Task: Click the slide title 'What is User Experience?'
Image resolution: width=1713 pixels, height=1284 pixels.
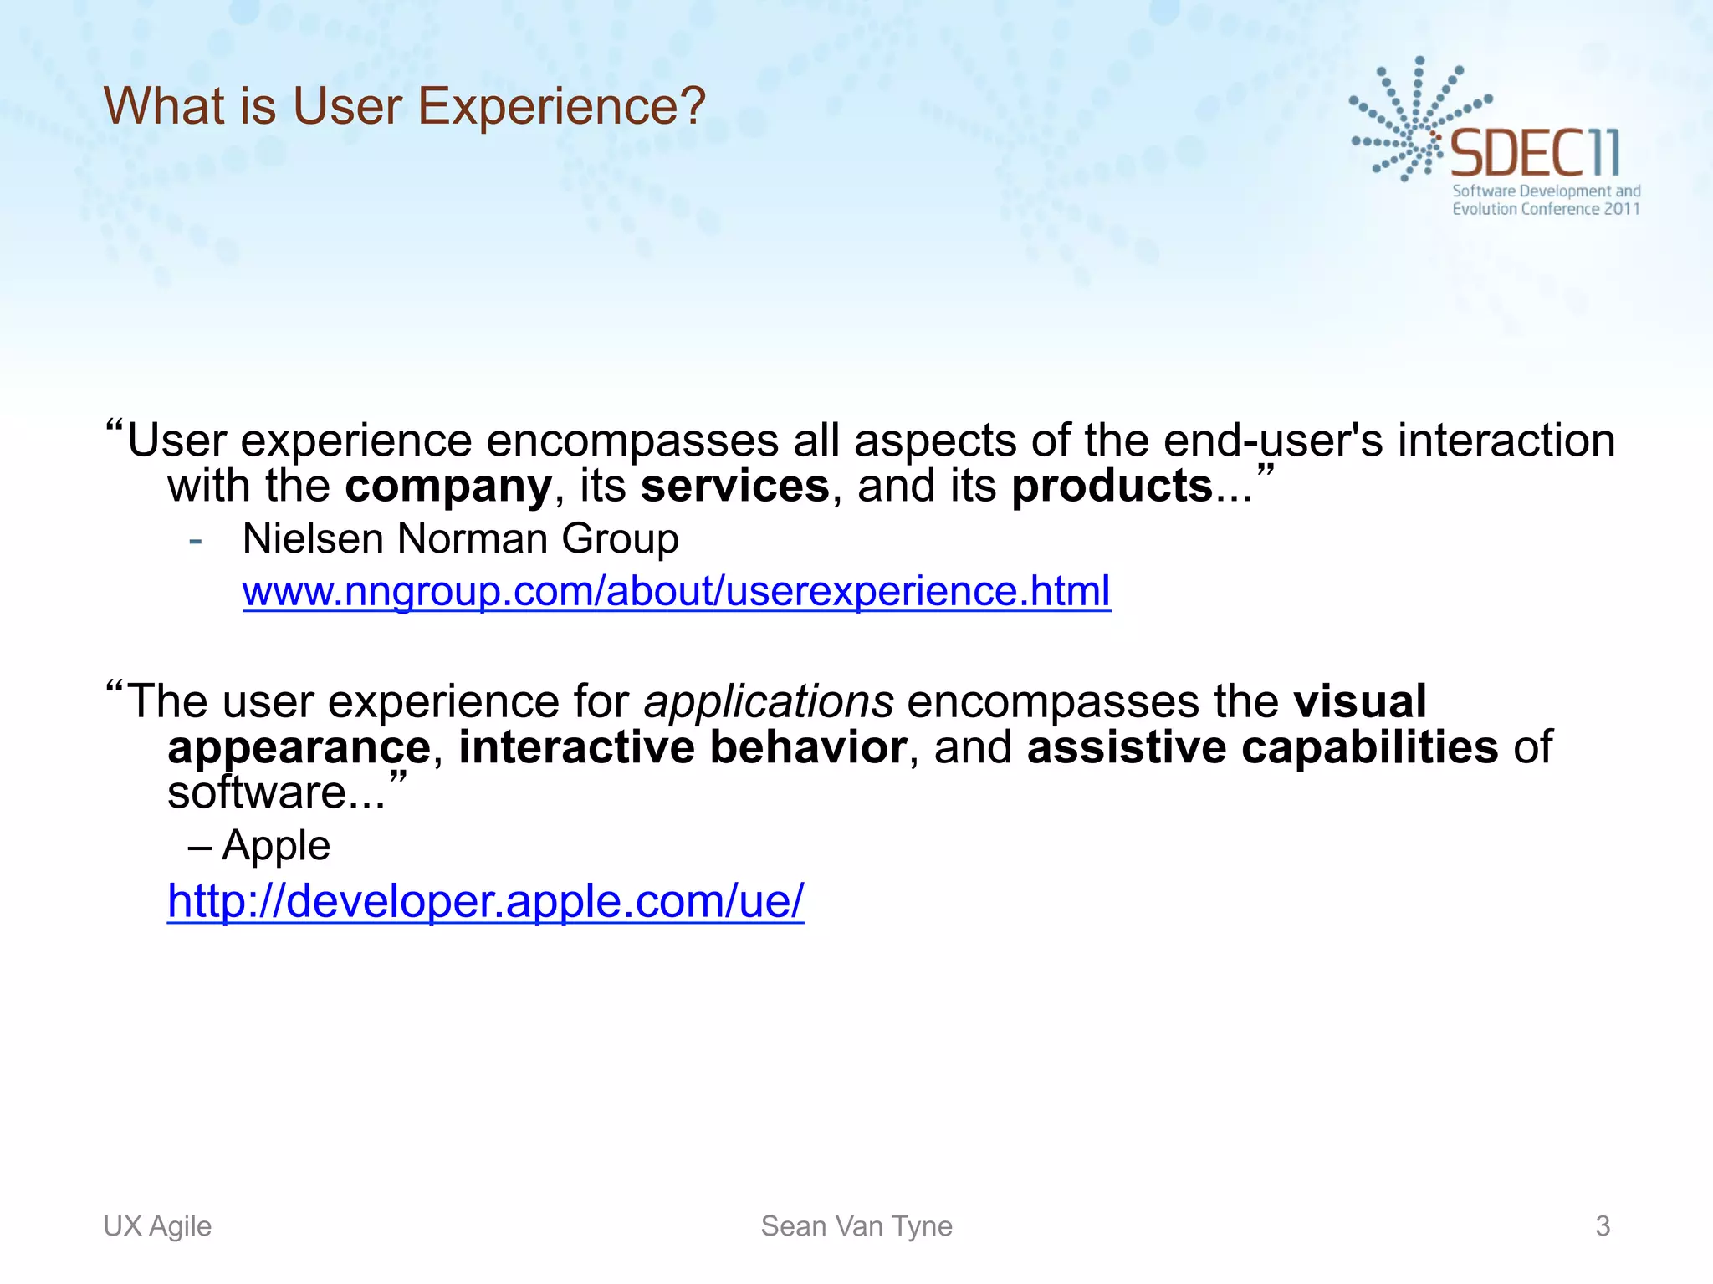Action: (405, 107)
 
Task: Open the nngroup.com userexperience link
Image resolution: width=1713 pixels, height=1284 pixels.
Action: (676, 591)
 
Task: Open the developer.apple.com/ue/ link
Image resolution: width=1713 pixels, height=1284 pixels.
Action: (485, 901)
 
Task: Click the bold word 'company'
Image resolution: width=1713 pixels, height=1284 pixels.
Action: (448, 487)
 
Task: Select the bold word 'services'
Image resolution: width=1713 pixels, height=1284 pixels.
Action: (734, 487)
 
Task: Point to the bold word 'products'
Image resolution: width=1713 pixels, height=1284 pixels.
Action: (1112, 487)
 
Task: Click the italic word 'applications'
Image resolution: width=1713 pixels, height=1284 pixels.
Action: (768, 701)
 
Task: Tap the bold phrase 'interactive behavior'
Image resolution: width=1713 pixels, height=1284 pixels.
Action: (683, 746)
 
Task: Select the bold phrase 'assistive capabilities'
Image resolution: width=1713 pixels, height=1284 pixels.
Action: (1262, 746)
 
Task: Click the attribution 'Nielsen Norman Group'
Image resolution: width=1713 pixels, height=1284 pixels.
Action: (460, 538)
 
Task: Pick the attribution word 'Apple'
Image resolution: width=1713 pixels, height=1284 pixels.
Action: (276, 846)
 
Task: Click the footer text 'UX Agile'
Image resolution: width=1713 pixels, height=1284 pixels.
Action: (157, 1226)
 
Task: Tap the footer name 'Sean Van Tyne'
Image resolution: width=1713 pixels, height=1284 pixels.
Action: (856, 1226)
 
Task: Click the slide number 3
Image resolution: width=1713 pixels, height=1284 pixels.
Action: (1603, 1226)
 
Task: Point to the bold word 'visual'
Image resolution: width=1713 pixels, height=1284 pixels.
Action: (1359, 701)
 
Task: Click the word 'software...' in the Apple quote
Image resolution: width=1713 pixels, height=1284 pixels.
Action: (276, 792)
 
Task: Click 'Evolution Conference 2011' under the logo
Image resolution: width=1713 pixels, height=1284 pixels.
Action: (1546, 209)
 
